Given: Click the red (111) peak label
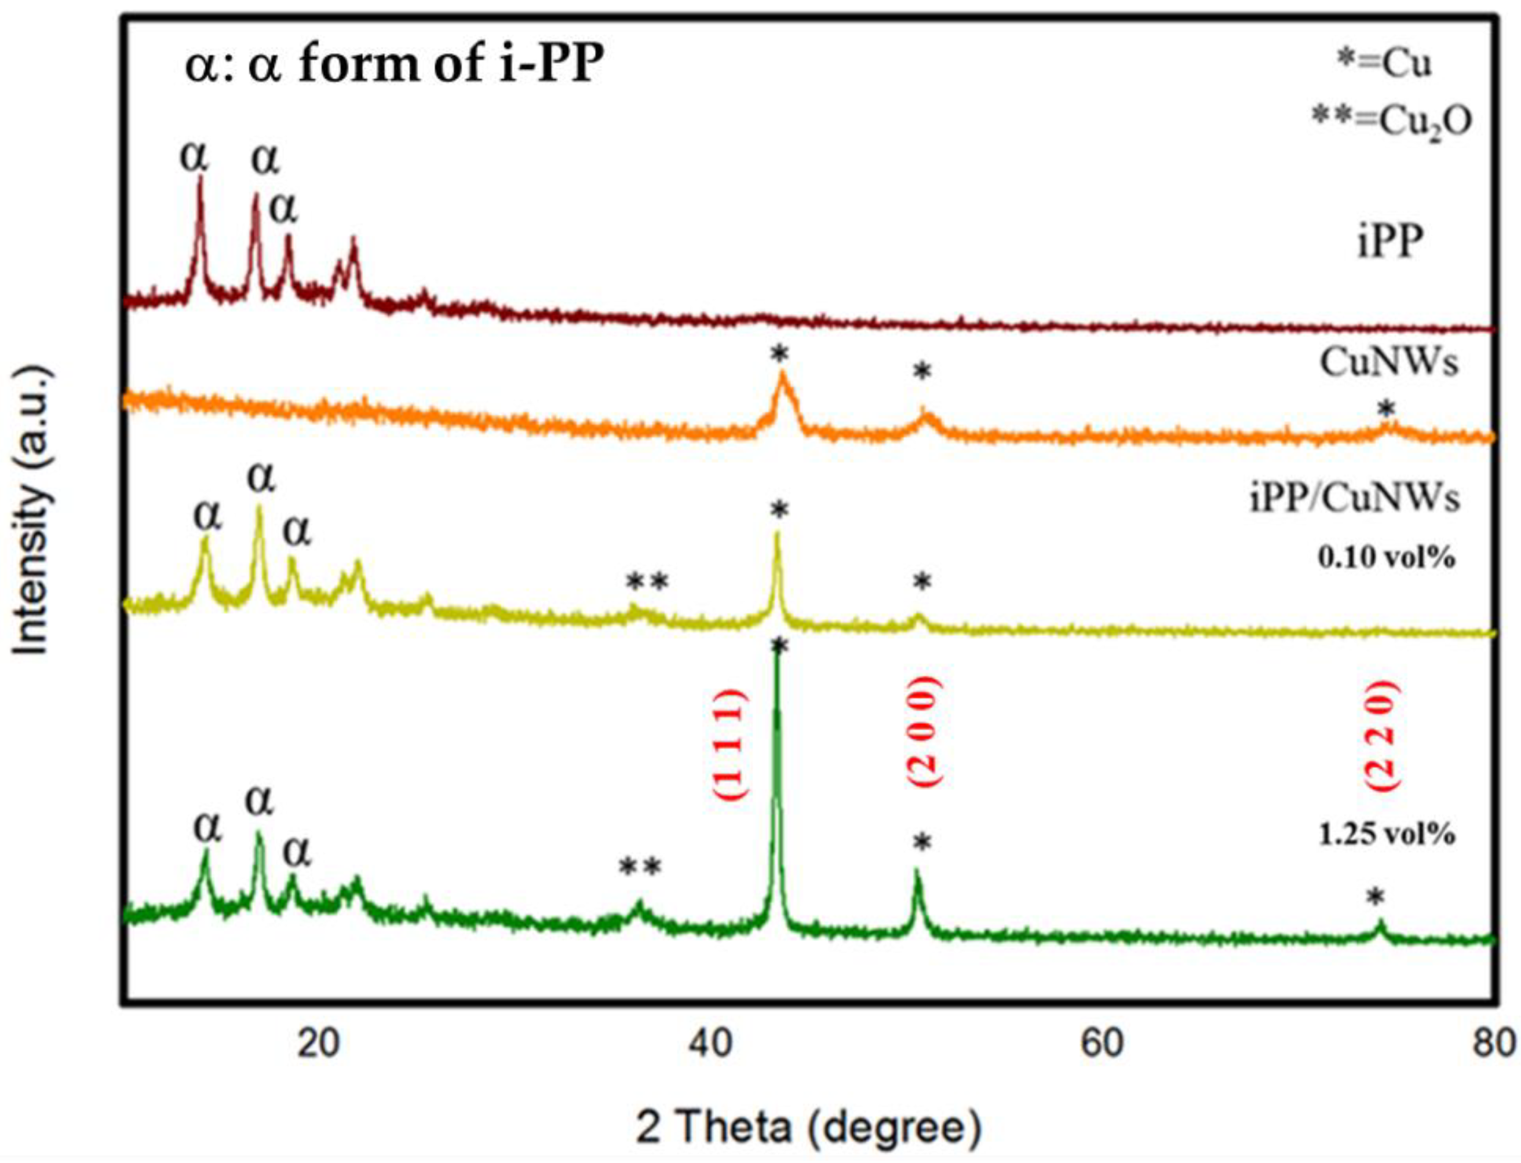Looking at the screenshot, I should [729, 744].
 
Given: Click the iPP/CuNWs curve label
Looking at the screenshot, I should [1354, 499].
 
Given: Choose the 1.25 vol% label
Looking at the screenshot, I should [1386, 835].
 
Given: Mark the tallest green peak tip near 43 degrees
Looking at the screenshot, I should [776, 654].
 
